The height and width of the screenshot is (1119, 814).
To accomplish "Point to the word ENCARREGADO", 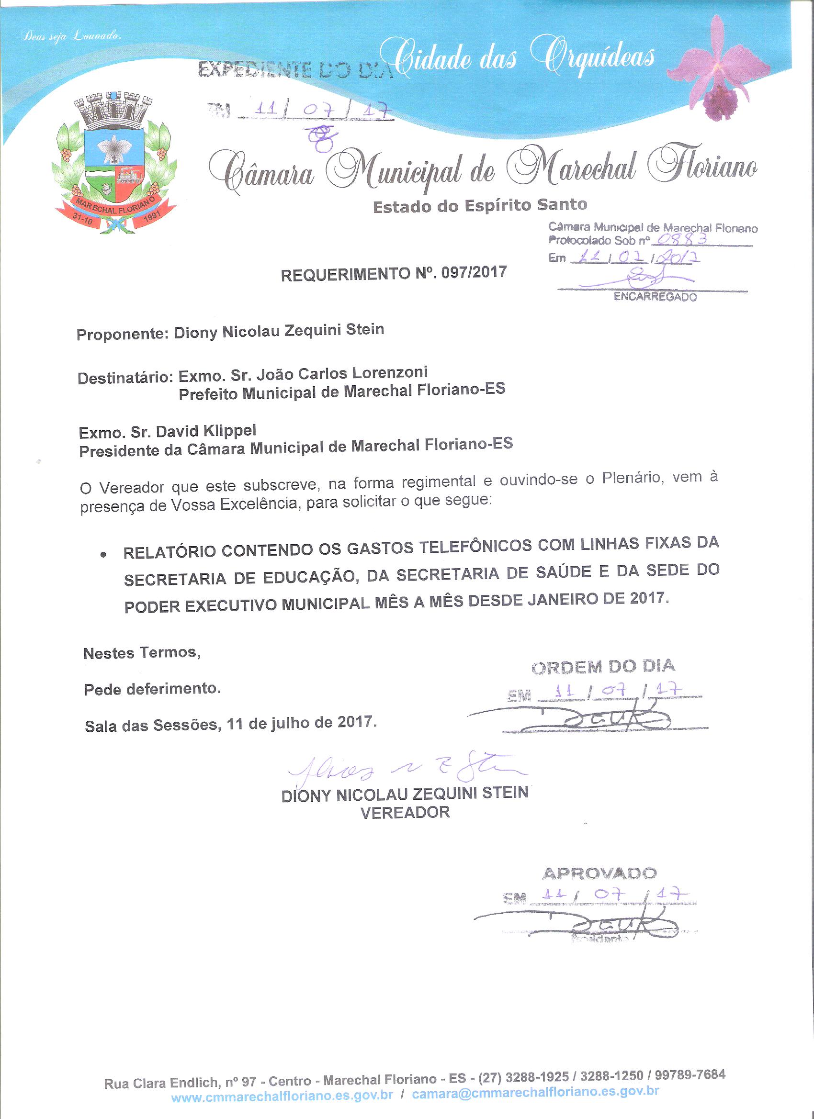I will (655, 297).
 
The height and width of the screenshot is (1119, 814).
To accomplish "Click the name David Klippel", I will (206, 431).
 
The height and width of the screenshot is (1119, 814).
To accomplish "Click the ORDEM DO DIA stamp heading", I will (603, 667).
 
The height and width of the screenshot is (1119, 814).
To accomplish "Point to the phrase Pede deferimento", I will (153, 688).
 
